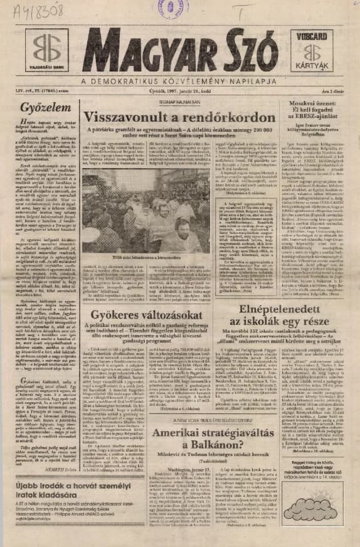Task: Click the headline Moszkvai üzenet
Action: click(x=312, y=108)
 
